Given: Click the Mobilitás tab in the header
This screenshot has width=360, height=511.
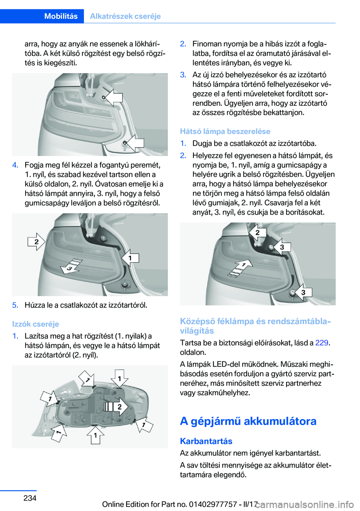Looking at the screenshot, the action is point(61,16).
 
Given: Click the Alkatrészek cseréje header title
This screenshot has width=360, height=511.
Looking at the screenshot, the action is point(125,16).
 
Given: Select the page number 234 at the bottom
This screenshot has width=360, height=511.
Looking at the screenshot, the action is point(30,497).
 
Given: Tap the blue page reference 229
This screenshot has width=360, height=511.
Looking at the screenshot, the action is point(322,343).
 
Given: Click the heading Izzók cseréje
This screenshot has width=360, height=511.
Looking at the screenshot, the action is point(36,324).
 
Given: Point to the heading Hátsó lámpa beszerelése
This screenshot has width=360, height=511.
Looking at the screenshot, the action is point(225,131).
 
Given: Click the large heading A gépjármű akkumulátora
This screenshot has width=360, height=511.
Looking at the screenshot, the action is point(248,421).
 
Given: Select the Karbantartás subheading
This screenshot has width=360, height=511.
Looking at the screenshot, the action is point(206,441).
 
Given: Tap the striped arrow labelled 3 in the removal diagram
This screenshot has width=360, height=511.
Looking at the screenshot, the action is point(71,266).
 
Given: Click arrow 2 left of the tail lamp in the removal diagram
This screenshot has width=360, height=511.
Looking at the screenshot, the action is point(36,242).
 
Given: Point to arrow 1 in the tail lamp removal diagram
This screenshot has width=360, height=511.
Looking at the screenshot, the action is point(130,258).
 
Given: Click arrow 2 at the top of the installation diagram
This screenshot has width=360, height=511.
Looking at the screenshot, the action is point(257,233).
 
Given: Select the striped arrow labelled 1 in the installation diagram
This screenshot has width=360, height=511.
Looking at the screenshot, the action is point(240,268).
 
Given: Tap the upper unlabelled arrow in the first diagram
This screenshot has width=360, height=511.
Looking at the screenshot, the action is point(114,98).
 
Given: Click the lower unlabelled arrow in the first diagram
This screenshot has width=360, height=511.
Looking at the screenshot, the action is point(135,143).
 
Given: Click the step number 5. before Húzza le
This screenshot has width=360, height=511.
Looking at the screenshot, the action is point(15,305).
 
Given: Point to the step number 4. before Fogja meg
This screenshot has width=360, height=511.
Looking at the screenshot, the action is point(15,165).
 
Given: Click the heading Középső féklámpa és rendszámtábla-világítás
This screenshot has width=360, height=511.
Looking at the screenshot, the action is point(256,326).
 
